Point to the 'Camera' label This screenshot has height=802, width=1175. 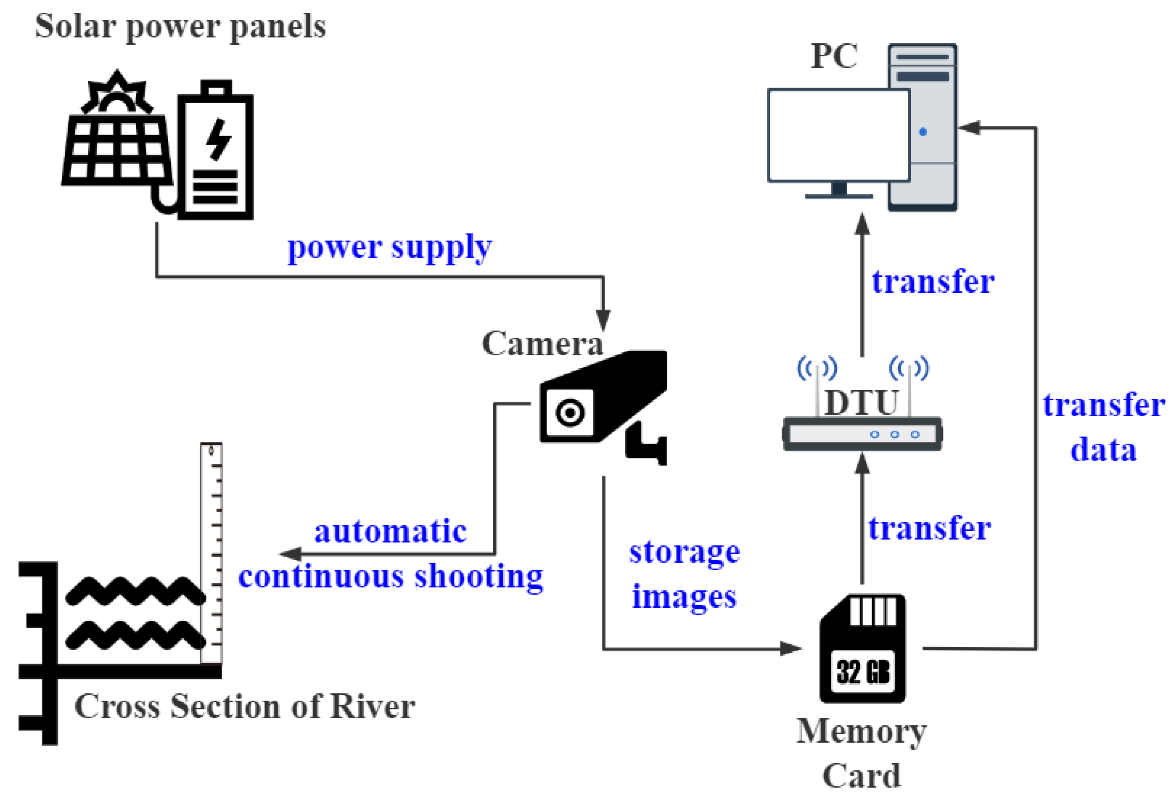coord(542,344)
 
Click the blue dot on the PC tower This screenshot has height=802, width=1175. coord(923,132)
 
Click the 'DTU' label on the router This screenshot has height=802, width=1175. coord(861,403)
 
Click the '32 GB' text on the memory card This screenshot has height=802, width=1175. coord(863,672)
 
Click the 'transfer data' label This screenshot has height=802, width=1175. coord(1104,427)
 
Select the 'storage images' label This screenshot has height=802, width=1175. coord(685,574)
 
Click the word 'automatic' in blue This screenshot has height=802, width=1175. coord(390,532)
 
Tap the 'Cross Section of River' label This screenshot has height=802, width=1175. coord(245,706)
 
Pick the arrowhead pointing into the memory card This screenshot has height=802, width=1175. coord(791,648)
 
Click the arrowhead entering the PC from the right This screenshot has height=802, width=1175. coord(969,127)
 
